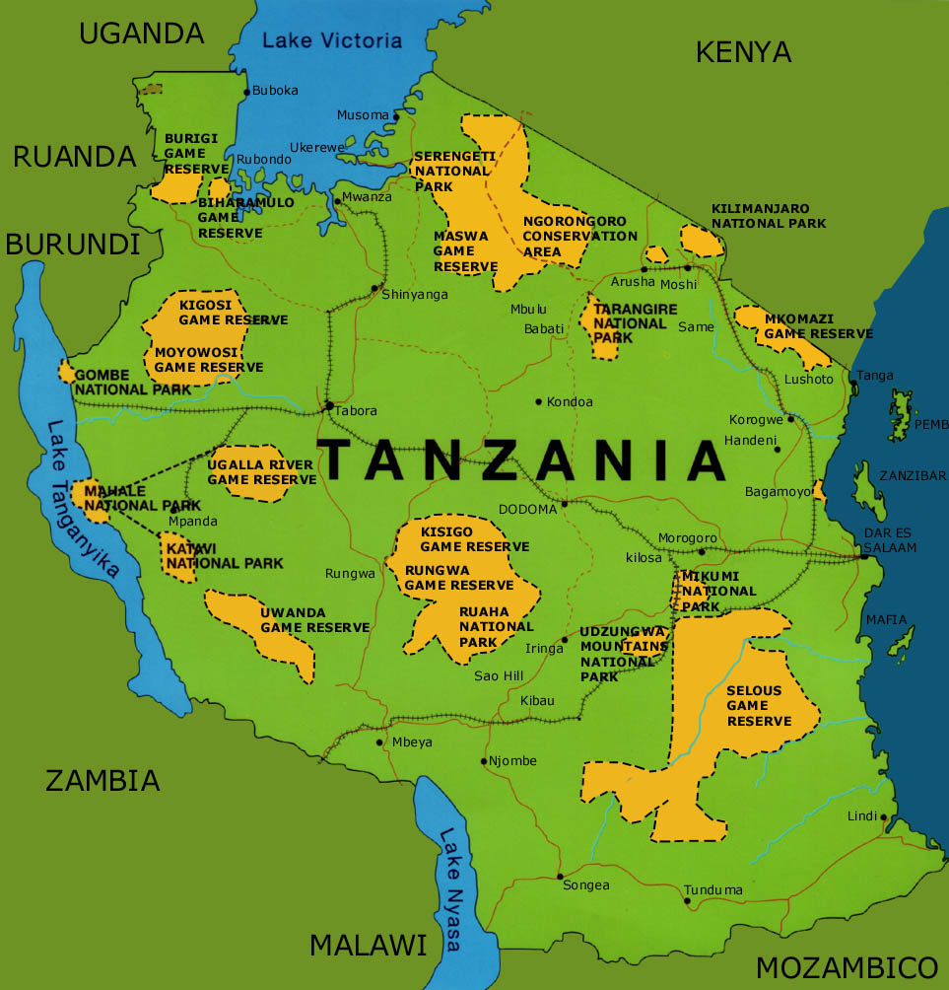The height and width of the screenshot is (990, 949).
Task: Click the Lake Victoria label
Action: pyautogui.click(x=333, y=40)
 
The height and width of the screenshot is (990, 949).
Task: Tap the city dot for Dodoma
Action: pyautogui.click(x=565, y=505)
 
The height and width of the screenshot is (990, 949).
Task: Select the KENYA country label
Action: pyautogui.click(x=743, y=52)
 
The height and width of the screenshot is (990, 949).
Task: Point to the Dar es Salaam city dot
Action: pyautogui.click(x=864, y=557)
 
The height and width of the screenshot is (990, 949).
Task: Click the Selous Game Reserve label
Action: pyautogui.click(x=759, y=706)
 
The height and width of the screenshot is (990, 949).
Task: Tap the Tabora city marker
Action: pyautogui.click(x=328, y=405)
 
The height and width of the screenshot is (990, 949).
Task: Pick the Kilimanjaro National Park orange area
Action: pyautogui.click(x=702, y=241)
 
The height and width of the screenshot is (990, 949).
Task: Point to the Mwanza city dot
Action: pyautogui.click(x=337, y=201)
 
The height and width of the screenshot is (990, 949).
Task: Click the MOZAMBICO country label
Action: pyautogui.click(x=846, y=965)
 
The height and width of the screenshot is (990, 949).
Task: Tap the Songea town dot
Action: pyautogui.click(x=559, y=876)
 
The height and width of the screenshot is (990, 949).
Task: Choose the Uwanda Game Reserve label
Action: pyautogui.click(x=314, y=620)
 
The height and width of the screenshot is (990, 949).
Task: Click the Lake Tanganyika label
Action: pyautogui.click(x=85, y=498)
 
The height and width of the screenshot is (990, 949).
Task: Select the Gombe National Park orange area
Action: pyautogui.click(x=67, y=372)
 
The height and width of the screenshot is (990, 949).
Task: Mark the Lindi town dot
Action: pyautogui.click(x=884, y=816)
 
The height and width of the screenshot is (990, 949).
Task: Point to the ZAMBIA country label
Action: pyautogui.click(x=102, y=781)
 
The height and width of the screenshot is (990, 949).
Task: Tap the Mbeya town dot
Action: pyautogui.click(x=380, y=742)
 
